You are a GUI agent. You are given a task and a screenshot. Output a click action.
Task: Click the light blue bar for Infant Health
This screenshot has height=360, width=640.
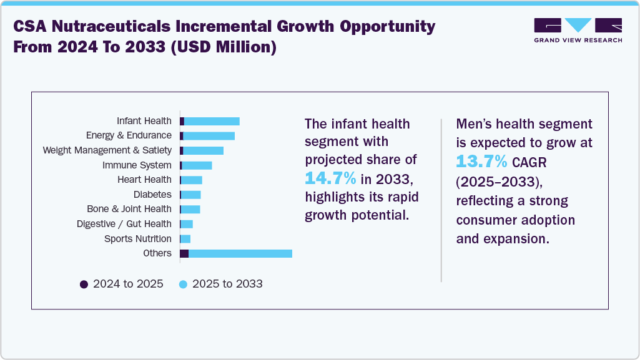point(212,121)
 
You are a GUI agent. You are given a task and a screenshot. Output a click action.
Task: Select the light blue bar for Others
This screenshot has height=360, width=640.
point(240,253)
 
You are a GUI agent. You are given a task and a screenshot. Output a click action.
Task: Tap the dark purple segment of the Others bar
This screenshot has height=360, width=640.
point(184,253)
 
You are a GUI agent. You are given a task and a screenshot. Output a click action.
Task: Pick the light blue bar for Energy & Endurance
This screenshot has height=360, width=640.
point(209,136)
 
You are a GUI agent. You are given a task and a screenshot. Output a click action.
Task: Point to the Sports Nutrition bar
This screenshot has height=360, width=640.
point(185,239)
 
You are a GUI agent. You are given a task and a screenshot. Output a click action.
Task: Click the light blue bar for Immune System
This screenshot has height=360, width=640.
point(197,165)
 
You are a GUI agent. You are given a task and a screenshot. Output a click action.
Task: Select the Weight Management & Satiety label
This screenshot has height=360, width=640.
point(107,150)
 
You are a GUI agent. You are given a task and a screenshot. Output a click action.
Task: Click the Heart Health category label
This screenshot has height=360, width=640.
point(144,180)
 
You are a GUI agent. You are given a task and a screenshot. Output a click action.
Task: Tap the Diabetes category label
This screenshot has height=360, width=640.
point(152,195)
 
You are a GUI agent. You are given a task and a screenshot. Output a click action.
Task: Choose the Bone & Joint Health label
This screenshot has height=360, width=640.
point(129,209)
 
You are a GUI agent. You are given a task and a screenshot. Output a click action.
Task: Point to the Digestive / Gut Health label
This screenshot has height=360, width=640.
point(124,224)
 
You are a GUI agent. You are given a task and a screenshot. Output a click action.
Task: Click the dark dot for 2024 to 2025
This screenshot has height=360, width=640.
point(84,285)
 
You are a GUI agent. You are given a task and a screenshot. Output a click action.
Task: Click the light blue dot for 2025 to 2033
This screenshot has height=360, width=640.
point(183,285)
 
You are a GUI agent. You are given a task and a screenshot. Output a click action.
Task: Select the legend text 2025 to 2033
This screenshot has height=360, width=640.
point(227,285)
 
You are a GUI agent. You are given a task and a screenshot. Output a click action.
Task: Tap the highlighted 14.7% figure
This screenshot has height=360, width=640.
point(330,178)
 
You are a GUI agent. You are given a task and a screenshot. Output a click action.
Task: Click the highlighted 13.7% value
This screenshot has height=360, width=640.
point(481,161)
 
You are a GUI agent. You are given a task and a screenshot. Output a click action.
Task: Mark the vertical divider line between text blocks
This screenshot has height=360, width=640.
point(441,200)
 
